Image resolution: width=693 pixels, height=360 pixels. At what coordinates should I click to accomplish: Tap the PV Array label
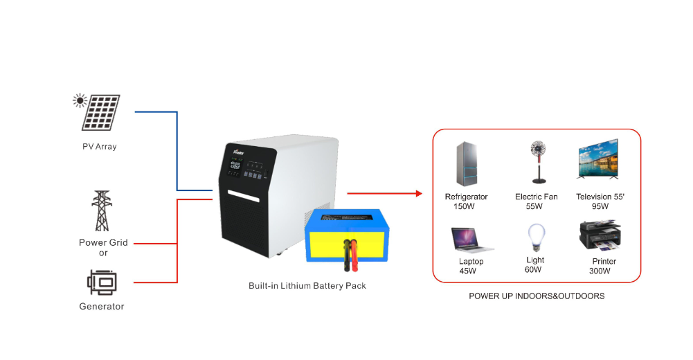100,147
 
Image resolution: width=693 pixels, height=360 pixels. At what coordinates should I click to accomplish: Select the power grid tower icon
102,211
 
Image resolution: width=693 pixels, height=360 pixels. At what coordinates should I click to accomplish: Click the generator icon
102,282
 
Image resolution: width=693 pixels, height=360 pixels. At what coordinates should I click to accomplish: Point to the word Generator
102,306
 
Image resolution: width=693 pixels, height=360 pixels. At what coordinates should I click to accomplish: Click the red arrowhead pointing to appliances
418,193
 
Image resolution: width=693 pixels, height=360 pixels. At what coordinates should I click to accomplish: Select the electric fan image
536,163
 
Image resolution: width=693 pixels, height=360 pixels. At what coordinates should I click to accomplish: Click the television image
597,161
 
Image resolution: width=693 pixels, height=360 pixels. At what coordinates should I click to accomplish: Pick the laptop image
471,240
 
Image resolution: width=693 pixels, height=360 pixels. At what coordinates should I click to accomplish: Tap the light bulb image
534,237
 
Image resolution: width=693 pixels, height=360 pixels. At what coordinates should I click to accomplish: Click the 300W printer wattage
600,271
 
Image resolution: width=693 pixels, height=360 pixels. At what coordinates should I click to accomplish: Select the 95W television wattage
600,206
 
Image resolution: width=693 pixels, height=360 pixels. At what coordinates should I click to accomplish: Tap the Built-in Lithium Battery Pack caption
307,285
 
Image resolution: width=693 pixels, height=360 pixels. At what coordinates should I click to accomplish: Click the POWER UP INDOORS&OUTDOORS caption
537,296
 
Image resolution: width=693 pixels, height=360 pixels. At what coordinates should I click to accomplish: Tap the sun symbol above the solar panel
80,101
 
